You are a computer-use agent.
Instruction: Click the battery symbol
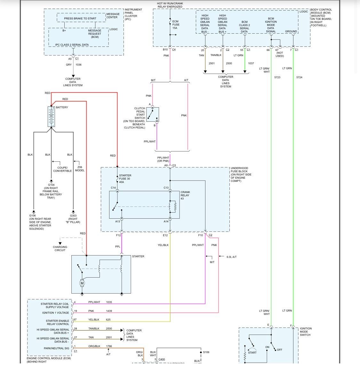click(x=51, y=117)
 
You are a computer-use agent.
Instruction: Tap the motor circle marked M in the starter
click(x=82, y=283)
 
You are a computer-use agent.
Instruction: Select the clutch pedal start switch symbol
click(x=152, y=115)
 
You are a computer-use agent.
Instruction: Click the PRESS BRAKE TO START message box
click(x=80, y=18)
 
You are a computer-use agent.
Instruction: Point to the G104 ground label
click(x=51, y=185)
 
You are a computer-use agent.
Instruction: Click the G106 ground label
click(x=33, y=215)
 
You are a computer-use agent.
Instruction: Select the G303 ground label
click(x=73, y=215)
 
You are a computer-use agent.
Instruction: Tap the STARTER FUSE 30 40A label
click(x=125, y=179)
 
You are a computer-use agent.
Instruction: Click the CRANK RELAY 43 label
click(x=185, y=195)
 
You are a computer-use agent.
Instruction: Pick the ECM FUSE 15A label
click(x=176, y=25)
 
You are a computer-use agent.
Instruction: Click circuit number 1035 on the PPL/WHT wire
click(x=109, y=302)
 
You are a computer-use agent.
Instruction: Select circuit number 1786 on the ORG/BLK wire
click(x=109, y=346)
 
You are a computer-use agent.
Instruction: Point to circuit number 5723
click(x=277, y=77)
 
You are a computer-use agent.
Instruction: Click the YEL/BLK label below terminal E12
click(x=163, y=245)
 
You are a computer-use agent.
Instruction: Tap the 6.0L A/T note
click(x=231, y=257)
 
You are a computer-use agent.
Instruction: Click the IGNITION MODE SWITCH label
click(x=306, y=332)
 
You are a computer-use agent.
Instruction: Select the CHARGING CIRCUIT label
click(x=60, y=248)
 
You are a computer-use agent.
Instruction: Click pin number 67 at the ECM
click(x=75, y=320)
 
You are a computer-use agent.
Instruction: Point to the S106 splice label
click(x=206, y=352)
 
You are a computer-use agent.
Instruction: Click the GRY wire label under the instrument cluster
click(x=69, y=65)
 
